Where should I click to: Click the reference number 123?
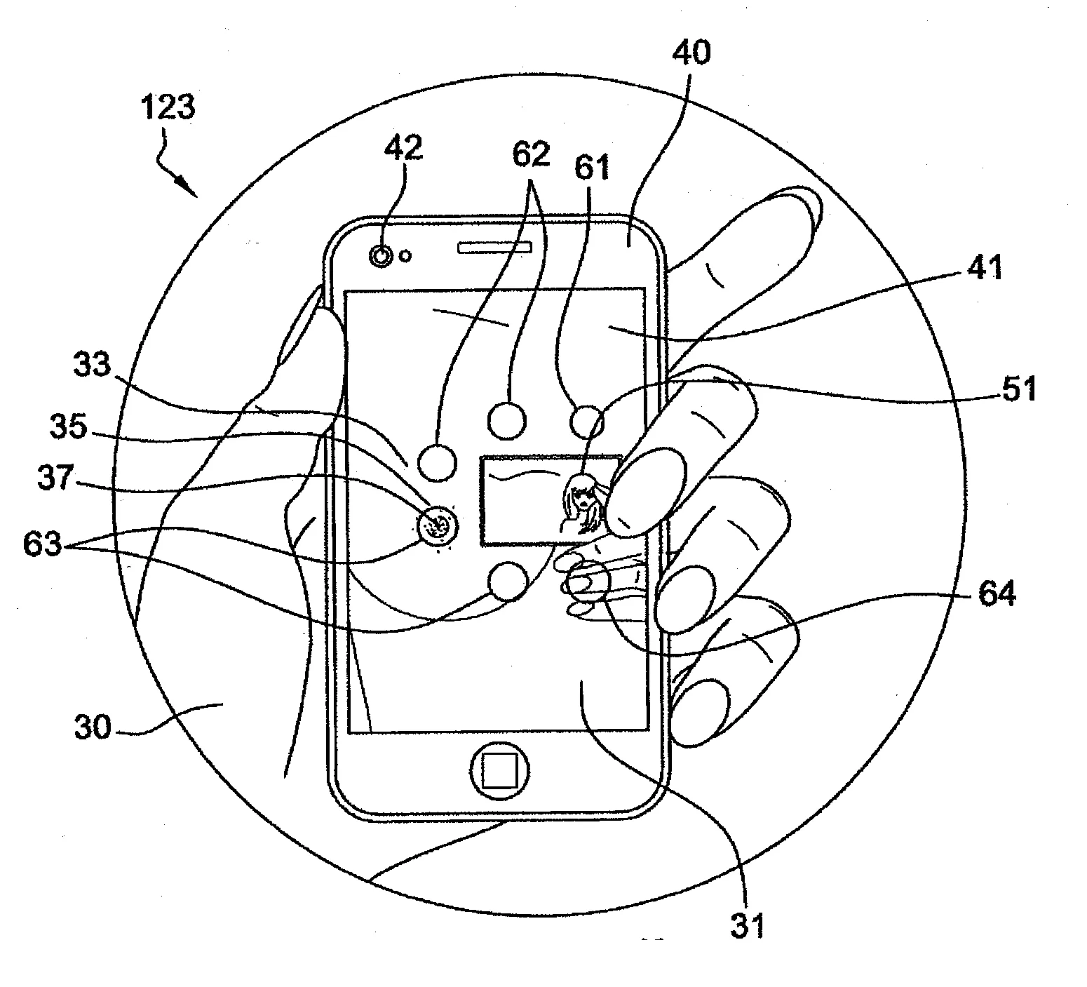[168, 109]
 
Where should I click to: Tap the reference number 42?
[404, 148]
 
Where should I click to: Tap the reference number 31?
[747, 926]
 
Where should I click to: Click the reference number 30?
[93, 727]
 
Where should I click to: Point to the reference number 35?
[68, 427]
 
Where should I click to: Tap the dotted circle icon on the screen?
[438, 525]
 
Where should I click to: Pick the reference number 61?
[593, 168]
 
